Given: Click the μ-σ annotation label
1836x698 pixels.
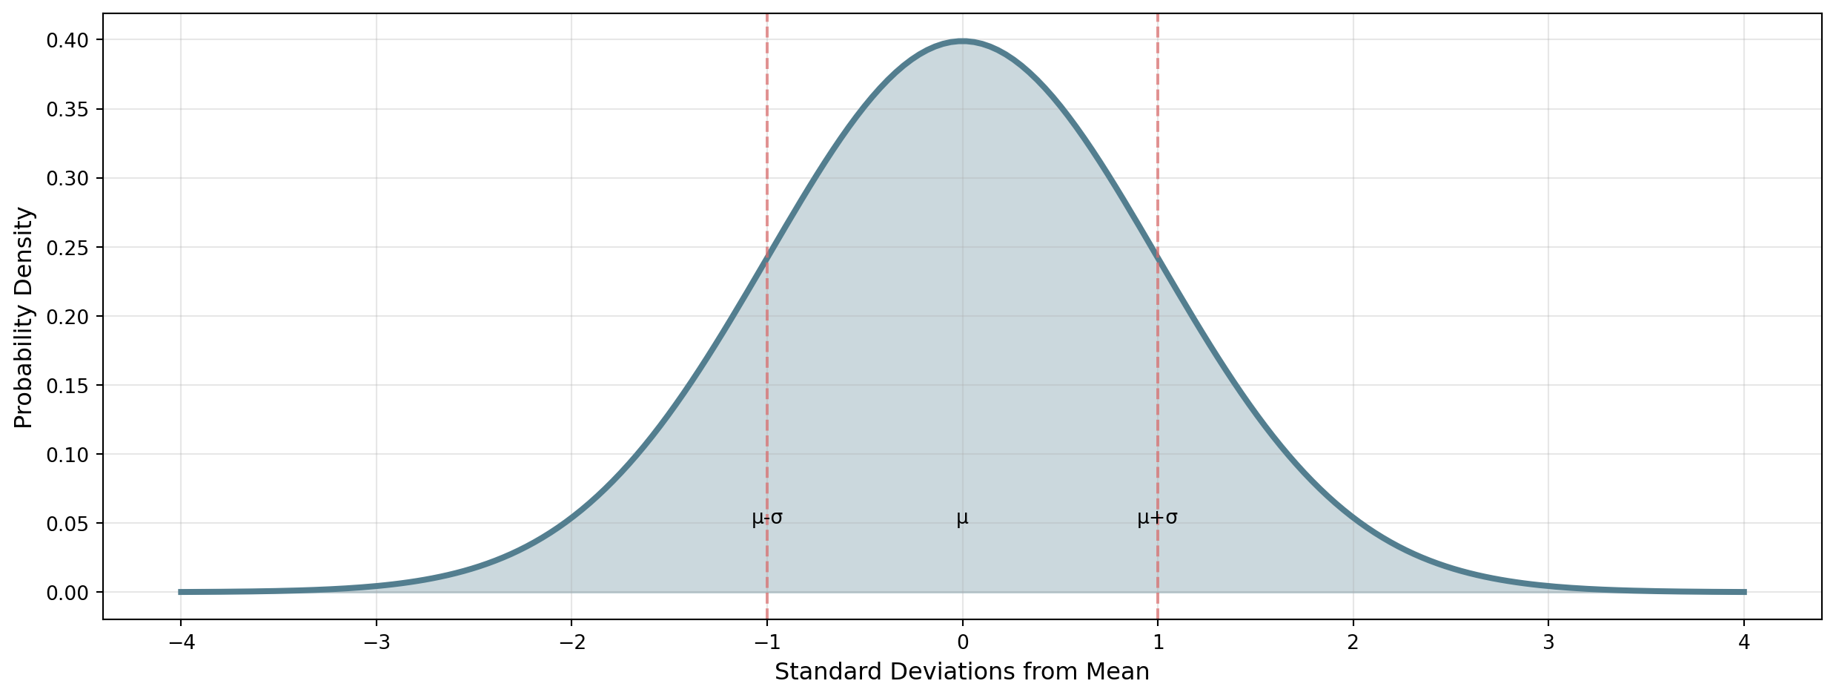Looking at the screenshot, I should [767, 518].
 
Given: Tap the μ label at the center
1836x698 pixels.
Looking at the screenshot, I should [962, 518].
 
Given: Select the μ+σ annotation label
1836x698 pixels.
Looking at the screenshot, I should [1157, 518].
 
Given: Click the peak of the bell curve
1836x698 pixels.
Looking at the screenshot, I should [962, 42].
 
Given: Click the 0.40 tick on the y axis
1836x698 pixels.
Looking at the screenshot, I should [67, 40].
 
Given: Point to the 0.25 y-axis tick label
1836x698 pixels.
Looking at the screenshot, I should [67, 248].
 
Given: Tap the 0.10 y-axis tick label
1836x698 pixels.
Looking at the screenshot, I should [67, 455].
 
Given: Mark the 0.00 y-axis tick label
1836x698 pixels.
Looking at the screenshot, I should [67, 593].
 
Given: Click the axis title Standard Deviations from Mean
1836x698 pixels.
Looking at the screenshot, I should [962, 672].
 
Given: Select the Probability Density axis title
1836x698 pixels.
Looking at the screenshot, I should [24, 317].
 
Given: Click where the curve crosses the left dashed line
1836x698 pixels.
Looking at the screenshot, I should [767, 257].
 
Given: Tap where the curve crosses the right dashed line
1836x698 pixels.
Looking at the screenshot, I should [1158, 257].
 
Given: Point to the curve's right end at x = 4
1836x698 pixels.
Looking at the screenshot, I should [1744, 592].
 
